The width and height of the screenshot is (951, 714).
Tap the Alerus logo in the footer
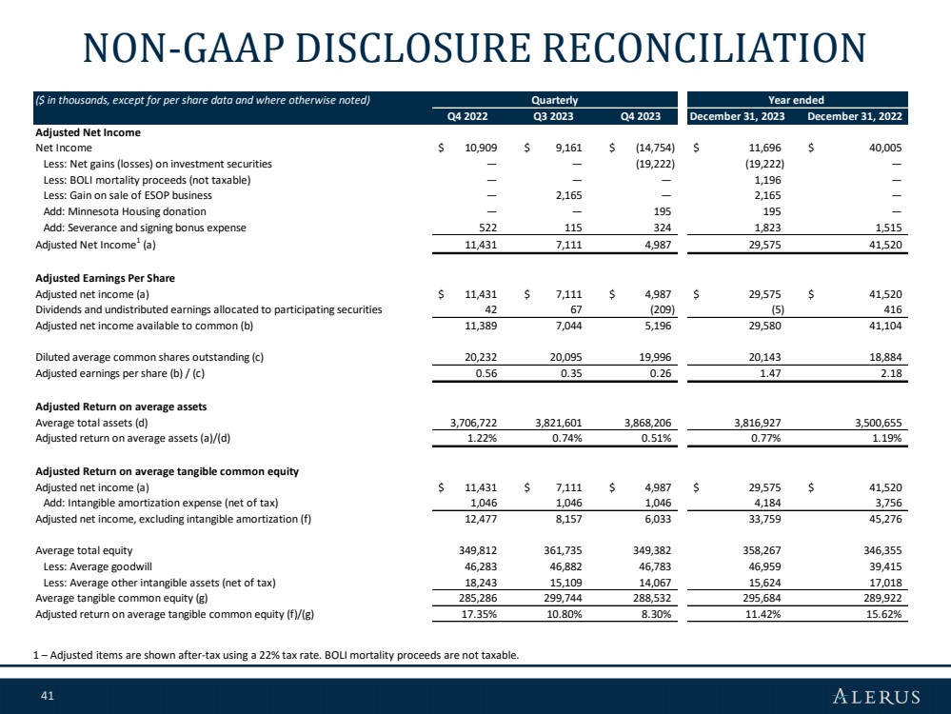(877, 696)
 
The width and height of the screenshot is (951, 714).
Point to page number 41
(48, 696)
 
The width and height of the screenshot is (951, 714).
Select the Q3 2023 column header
(553, 116)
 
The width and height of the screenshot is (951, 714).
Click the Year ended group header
(797, 100)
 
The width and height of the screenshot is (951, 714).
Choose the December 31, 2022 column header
(855, 116)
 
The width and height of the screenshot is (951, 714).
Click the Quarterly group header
(555, 100)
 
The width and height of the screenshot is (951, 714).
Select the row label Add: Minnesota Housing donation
(125, 211)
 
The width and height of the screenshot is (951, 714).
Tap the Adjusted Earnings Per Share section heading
(105, 278)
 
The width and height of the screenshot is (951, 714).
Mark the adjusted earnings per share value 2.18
(892, 373)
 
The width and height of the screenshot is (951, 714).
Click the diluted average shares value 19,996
(655, 357)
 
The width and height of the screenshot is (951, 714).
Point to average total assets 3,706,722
(474, 423)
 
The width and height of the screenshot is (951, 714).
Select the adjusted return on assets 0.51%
(656, 438)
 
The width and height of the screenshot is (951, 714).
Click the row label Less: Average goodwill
(98, 566)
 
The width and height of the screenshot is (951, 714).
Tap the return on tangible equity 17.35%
(483, 614)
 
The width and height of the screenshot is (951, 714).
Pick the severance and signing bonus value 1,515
(888, 228)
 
